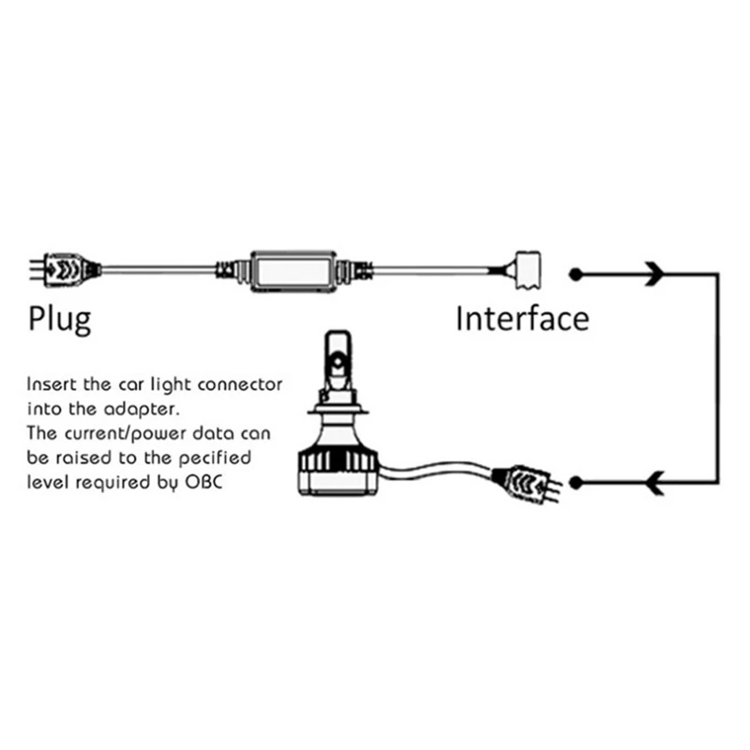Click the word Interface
(522, 319)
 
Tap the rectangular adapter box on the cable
(292, 271)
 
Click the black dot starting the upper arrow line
(576, 274)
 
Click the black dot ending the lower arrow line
(576, 483)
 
